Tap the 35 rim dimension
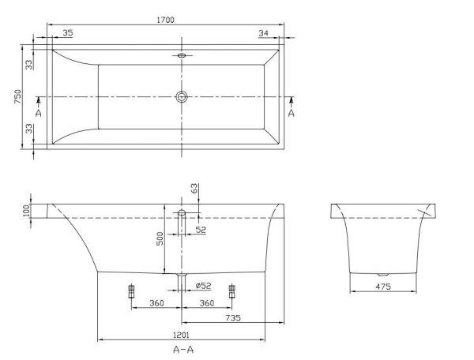(x=67, y=32)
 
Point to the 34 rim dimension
(x=263, y=32)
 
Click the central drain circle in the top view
(x=182, y=97)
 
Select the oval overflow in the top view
(x=182, y=56)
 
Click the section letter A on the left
(x=38, y=114)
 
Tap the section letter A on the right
(x=292, y=114)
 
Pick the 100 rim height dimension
(x=27, y=210)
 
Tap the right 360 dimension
(x=206, y=304)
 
